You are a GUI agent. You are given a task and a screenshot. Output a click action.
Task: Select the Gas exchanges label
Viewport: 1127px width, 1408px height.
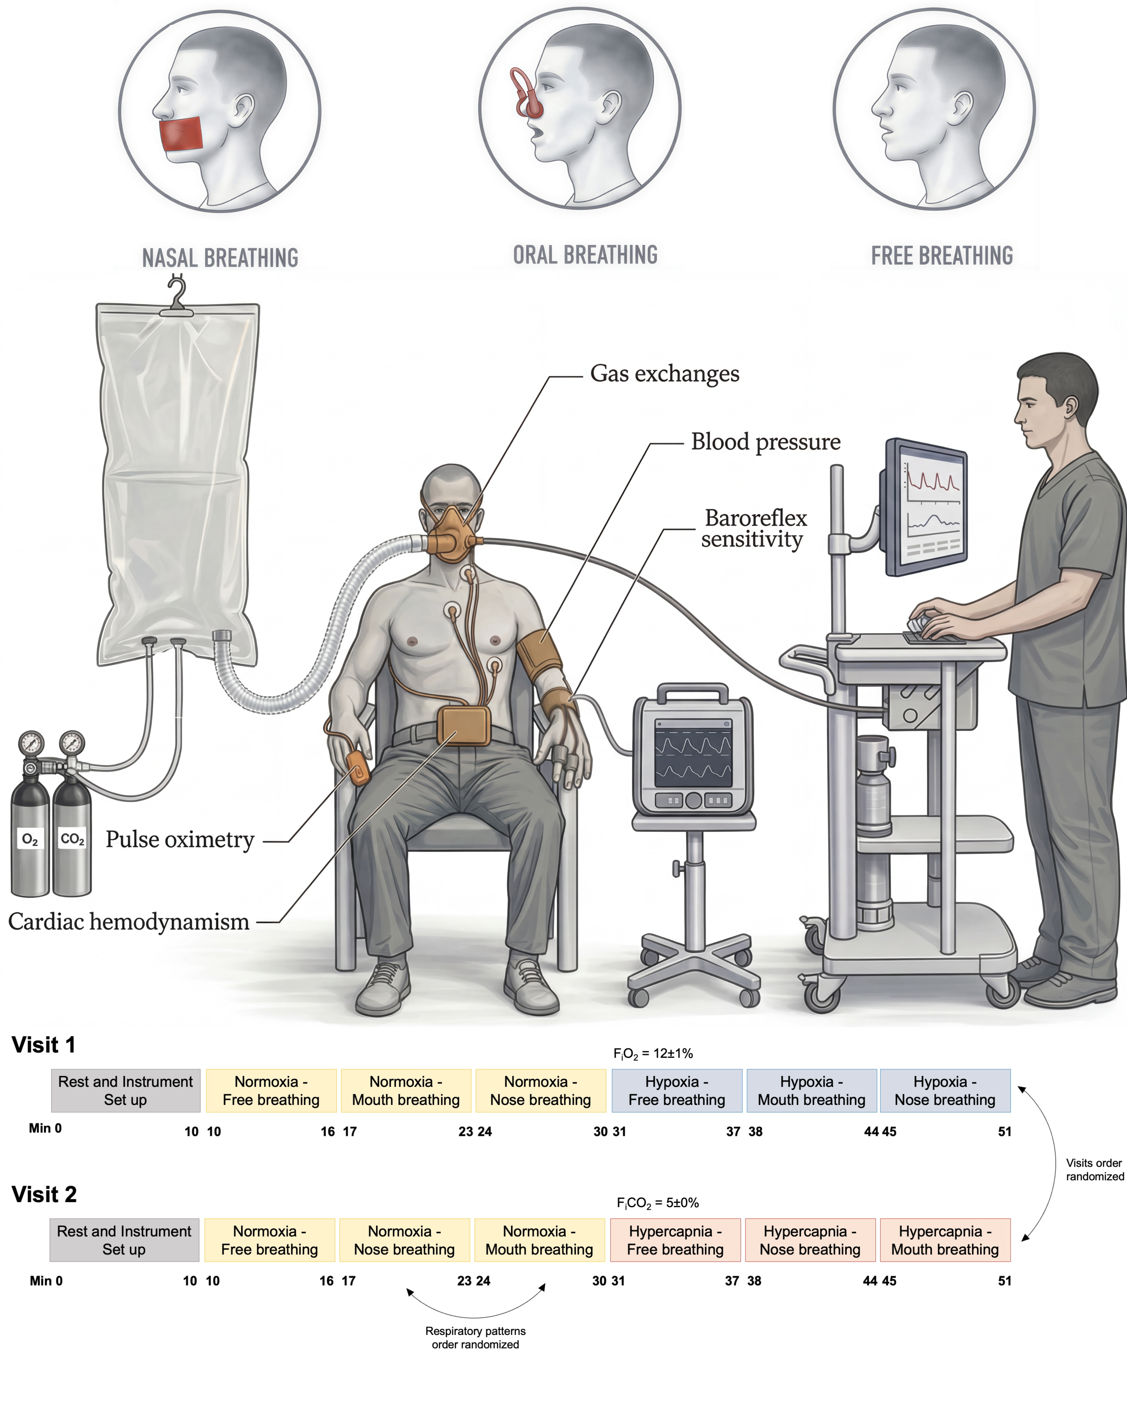pyautogui.click(x=665, y=373)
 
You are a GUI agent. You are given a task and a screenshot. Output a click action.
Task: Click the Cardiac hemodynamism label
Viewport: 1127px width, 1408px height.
pyautogui.click(x=129, y=921)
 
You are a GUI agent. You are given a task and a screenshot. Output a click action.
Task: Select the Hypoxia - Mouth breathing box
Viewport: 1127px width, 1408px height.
pyautogui.click(x=811, y=1091)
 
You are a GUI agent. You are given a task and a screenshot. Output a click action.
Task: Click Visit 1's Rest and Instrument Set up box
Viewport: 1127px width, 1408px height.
pyautogui.click(x=126, y=1091)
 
